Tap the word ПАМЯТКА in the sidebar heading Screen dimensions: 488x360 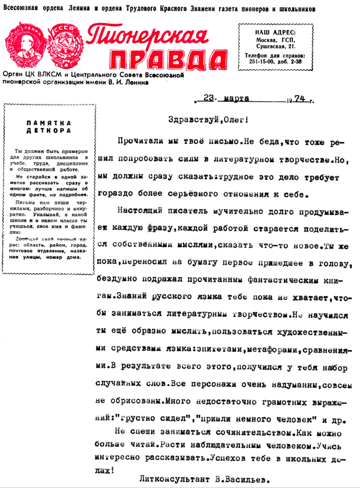[x=47, y=123]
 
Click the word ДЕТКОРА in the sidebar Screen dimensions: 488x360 [x=47, y=131]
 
